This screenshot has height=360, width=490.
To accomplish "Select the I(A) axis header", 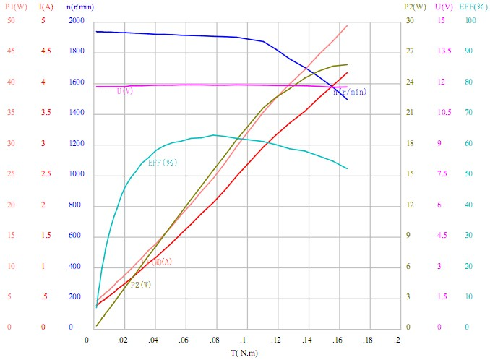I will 46,7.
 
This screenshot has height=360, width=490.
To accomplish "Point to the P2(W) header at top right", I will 414,7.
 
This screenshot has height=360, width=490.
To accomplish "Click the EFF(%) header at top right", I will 473,7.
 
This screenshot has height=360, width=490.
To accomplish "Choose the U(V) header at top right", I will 444,7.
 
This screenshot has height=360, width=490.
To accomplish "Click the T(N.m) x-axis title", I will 244,353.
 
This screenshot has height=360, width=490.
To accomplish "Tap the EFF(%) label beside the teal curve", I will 162,163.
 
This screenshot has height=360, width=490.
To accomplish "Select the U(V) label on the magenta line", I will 125,91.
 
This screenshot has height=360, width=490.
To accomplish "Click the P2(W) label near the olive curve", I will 136,285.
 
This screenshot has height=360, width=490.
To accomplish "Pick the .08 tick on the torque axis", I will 214,339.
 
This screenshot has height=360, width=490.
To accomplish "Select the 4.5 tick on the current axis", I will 46,51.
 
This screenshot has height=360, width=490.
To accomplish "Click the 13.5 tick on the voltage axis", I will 444,51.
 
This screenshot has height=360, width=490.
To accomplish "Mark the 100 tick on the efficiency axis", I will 470,21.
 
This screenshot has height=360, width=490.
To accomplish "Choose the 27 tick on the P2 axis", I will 409,51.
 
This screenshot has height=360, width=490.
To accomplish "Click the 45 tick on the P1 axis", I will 11,51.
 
